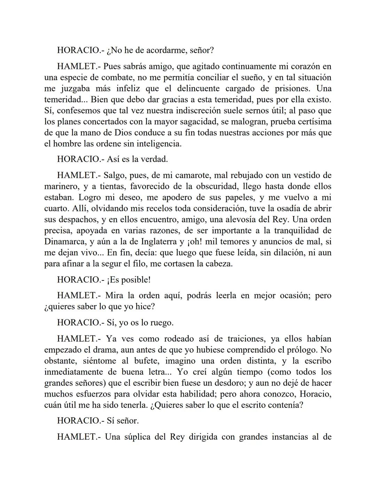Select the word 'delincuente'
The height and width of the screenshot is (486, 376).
tap(198, 89)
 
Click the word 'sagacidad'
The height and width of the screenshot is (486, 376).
tap(224, 122)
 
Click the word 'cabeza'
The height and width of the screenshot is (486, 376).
tap(217, 264)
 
